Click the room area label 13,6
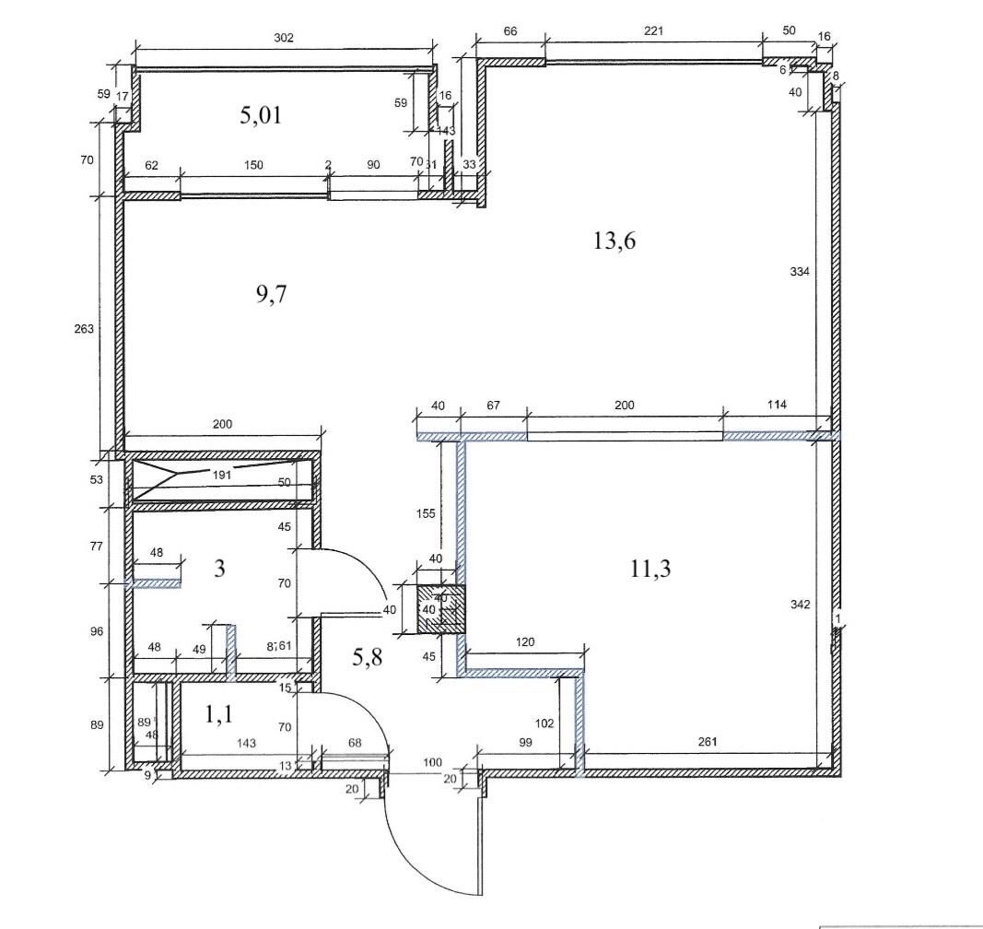pos(616,241)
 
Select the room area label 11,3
pos(649,569)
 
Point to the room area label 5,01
pos(259,115)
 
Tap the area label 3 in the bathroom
pos(219,568)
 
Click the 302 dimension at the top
pos(284,38)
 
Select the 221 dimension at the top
pos(653,31)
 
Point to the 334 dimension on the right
pos(800,271)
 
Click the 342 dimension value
pos(800,605)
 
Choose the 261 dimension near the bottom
pos(708,742)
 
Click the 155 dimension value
pos(425,514)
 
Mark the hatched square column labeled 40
pos(440,609)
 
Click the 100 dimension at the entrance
pos(431,762)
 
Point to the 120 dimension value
pos(526,641)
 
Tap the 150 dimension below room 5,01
pos(253,166)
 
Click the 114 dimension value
pos(769,406)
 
